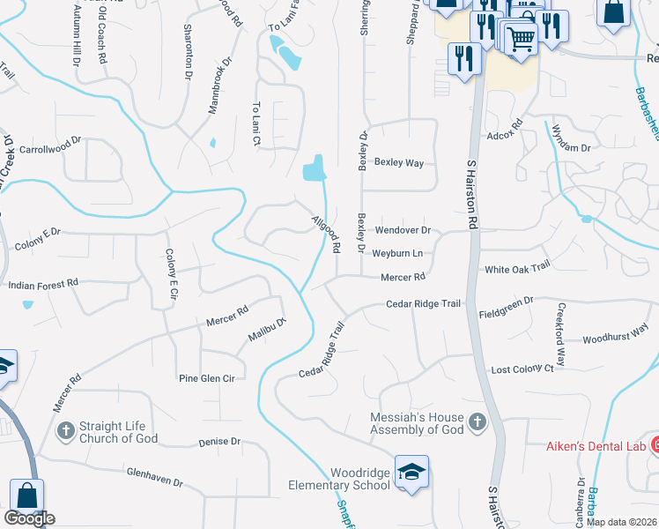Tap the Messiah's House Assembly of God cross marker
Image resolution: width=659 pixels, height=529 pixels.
tap(478, 422)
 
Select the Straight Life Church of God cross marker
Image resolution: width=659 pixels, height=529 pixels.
tap(65, 431)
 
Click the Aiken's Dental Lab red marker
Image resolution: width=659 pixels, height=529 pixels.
tap(654, 445)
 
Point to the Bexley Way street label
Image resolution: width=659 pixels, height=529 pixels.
tap(399, 163)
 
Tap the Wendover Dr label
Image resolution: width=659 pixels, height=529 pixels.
tap(403, 230)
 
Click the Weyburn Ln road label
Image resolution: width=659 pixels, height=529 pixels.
tap(396, 254)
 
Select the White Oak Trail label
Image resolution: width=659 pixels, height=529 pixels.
tap(516, 265)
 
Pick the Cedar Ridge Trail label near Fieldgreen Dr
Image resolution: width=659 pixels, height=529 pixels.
tap(423, 304)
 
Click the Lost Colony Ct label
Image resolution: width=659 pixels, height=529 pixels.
tap(522, 369)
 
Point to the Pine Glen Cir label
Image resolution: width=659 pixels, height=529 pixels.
tap(206, 378)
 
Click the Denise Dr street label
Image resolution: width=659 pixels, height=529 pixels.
tap(219, 442)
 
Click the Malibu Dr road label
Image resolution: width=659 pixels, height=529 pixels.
tap(267, 330)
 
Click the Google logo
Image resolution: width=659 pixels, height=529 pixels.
tap(29, 518)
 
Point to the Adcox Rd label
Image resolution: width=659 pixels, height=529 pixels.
tap(505, 137)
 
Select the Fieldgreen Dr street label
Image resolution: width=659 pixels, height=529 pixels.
tap(506, 302)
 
